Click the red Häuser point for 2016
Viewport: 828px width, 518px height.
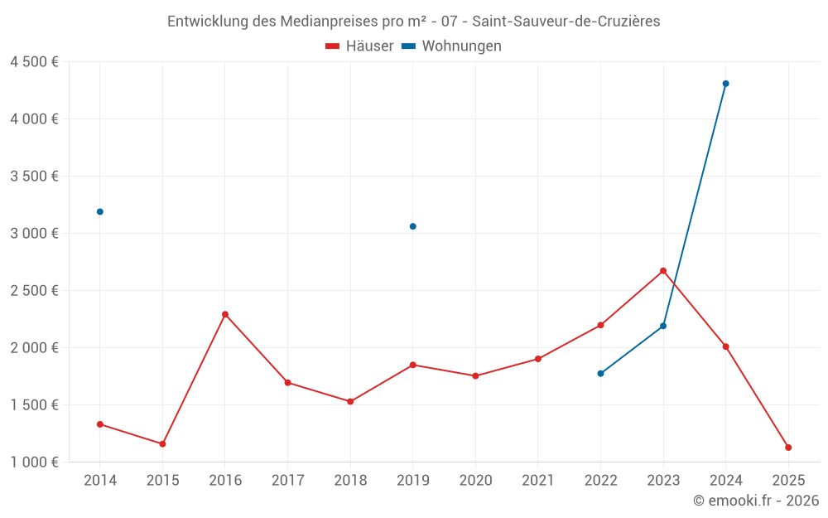225,314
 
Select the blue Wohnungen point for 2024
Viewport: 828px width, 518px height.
725,84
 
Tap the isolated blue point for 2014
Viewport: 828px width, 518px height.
100,211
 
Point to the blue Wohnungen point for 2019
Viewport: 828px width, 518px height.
413,226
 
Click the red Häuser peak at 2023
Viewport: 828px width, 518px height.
663,271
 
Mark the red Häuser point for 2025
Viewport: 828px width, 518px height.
788,448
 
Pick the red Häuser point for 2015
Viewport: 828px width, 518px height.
162,444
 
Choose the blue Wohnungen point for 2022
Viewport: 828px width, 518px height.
600,374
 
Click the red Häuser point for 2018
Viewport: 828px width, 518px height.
350,401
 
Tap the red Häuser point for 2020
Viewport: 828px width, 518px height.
475,376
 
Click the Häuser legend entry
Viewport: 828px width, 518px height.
360,46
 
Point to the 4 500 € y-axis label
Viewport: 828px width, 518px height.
34,62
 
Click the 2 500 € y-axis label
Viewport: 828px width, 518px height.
34,291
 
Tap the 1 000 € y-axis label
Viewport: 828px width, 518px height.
34,462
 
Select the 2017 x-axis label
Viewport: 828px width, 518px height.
287,481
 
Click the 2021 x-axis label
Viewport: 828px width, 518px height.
538,481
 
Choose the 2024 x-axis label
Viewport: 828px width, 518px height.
725,481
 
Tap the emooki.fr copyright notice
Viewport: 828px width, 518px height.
756,501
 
